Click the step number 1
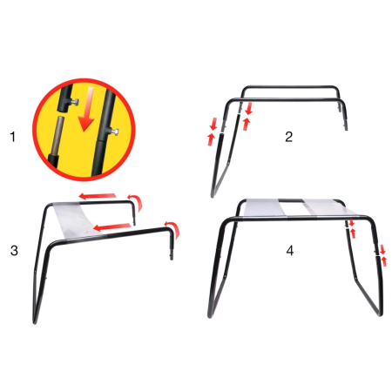pyautogui.click(x=12, y=137)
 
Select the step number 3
pyautogui.click(x=13, y=250)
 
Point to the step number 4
pyautogui.click(x=289, y=250)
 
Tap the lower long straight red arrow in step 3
pyautogui.click(x=113, y=226)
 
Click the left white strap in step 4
pyautogui.click(x=271, y=209)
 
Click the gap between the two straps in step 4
pyautogui.click(x=296, y=209)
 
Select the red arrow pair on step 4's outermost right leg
pyautogui.click(x=382, y=255)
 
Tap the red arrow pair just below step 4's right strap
pyautogui.click(x=352, y=228)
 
